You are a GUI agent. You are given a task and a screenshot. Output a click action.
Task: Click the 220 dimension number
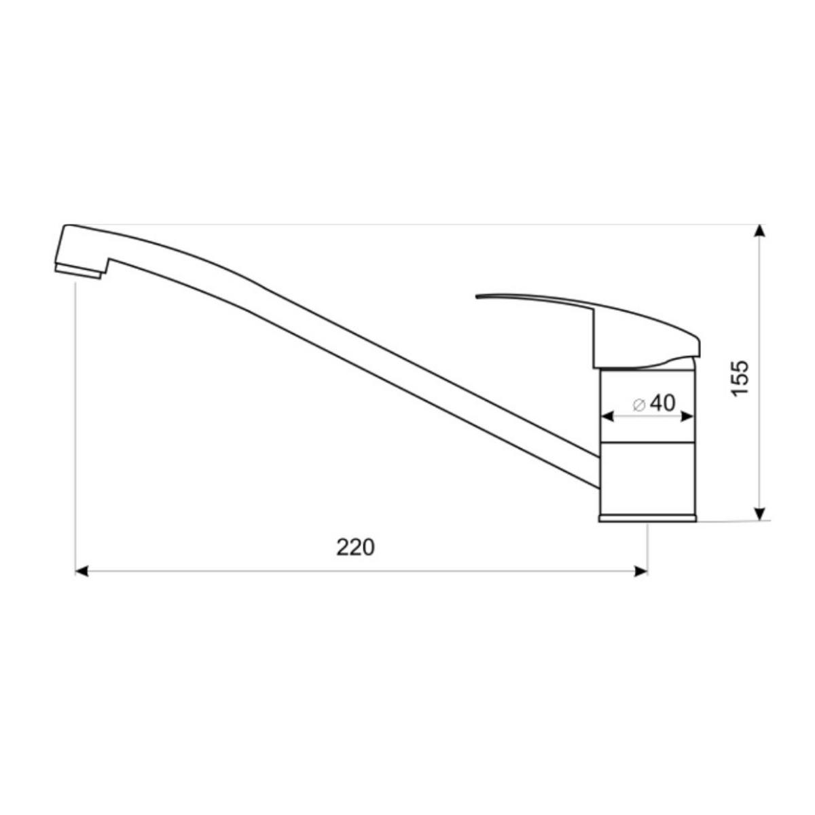click(x=355, y=547)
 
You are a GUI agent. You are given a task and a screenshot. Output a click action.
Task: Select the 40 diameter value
click(x=662, y=403)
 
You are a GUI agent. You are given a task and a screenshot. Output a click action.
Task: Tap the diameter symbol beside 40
click(x=638, y=404)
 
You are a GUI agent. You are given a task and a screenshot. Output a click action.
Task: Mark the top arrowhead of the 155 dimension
click(x=761, y=231)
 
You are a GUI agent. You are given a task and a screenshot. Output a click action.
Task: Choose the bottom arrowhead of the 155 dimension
click(x=761, y=513)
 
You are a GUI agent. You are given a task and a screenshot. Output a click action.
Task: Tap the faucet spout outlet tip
click(x=78, y=271)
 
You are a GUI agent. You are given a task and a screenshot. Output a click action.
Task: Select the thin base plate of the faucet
click(x=647, y=520)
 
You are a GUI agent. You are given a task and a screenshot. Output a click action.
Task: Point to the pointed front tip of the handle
click(x=479, y=296)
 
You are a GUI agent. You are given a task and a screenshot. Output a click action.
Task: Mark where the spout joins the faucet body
click(x=598, y=469)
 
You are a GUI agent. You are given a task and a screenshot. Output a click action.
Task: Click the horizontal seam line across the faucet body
click(x=647, y=443)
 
